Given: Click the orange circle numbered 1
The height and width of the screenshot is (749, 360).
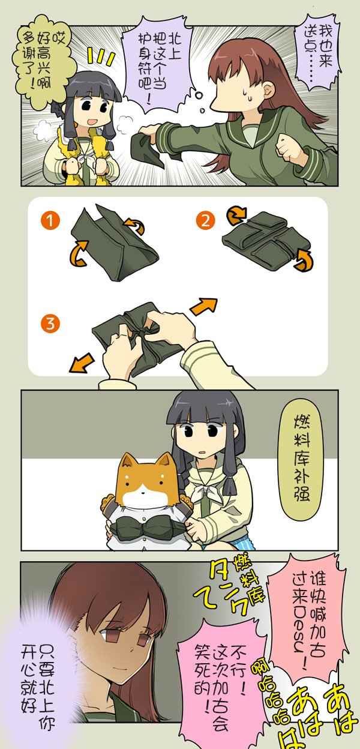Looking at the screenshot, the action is [50, 221].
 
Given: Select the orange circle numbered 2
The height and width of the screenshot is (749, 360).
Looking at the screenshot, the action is [205, 221].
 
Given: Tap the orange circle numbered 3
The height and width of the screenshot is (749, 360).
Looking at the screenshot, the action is [50, 323].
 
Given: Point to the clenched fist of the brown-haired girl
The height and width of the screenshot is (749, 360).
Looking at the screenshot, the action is [289, 146].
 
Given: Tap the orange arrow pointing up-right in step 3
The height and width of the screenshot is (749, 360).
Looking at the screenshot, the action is [203, 306].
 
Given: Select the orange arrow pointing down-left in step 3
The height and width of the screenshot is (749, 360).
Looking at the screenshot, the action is [82, 362].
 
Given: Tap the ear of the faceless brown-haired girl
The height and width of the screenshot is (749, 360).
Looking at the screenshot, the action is [269, 89].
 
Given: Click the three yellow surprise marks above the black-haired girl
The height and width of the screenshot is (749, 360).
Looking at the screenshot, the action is [101, 56].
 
